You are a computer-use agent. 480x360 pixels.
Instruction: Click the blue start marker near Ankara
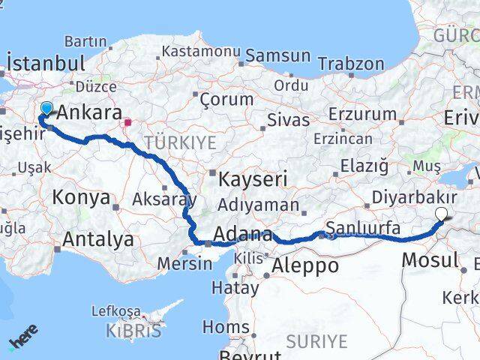coord(46,109)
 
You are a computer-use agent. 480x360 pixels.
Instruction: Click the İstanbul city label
coord(45,62)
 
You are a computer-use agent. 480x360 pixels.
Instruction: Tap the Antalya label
coord(99,239)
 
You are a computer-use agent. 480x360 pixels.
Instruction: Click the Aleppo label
coord(306,265)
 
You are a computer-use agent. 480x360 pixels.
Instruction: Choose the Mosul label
coord(430,260)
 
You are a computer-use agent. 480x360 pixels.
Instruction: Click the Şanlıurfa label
coord(363,227)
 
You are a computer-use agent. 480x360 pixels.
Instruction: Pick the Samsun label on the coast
coord(277,55)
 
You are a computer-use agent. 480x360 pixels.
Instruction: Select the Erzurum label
coord(363,114)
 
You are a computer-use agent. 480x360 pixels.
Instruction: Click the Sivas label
coord(288,120)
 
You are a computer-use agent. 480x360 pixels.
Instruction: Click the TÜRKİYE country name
coord(180,142)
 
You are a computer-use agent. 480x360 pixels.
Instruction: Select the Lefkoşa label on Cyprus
coord(116,310)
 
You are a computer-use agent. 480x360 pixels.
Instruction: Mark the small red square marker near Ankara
coord(128,121)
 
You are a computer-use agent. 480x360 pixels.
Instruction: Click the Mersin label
coord(185,263)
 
